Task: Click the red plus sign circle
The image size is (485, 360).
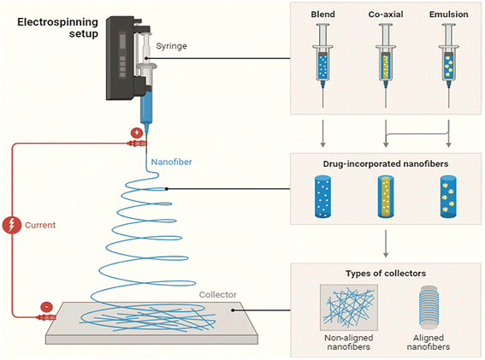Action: point(136,133)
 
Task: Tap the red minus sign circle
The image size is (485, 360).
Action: point(46,307)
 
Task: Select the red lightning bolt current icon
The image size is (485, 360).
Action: point(11,225)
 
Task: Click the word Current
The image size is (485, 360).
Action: point(40,225)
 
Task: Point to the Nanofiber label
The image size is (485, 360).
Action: point(171,162)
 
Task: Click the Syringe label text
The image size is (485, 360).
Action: point(171,46)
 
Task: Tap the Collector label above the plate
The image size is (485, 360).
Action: point(218,294)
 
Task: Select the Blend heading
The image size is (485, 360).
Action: point(323,15)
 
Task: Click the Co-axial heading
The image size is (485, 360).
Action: point(386,15)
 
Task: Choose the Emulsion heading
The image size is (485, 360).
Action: point(449,15)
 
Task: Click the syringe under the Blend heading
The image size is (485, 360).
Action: point(323,66)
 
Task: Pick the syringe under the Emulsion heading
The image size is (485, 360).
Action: point(449,66)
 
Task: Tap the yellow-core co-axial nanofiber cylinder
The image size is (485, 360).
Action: point(386,197)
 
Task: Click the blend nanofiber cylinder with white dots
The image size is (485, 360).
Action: point(322,197)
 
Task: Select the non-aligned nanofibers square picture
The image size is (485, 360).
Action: point(349,308)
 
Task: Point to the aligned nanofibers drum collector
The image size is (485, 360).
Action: point(429,307)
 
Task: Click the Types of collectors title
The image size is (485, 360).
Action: point(386,274)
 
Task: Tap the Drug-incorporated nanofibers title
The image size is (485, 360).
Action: point(386,164)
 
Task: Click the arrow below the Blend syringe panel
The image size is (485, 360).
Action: point(323,133)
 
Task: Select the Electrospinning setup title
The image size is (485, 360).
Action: point(58,27)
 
